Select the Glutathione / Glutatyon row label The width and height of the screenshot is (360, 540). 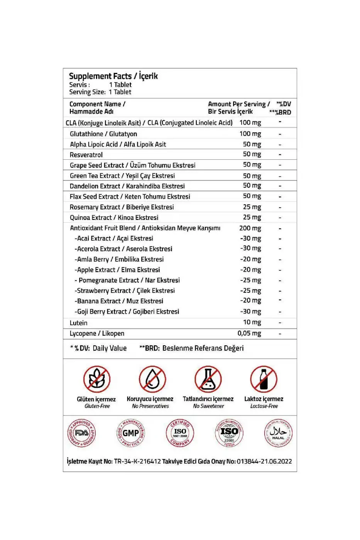click(103, 134)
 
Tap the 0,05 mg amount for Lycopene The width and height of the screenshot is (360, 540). click(249, 333)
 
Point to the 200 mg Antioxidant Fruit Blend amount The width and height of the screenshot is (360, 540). click(250, 228)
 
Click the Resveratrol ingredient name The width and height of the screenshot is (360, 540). click(86, 155)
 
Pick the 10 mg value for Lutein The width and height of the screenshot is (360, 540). click(252, 322)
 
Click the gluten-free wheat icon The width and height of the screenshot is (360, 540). click(96, 379)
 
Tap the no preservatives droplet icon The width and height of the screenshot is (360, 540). click(152, 379)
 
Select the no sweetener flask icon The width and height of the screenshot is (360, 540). click(208, 379)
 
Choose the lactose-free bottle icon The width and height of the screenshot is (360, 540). click(264, 379)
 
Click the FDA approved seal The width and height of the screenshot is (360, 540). click(81, 433)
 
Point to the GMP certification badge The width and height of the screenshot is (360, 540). click(130, 433)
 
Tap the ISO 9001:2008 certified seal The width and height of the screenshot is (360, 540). click(180, 433)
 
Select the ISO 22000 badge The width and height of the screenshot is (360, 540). click(229, 433)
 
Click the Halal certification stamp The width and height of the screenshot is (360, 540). click(278, 433)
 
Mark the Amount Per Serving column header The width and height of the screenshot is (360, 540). click(239, 108)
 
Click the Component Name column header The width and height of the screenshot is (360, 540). click(97, 108)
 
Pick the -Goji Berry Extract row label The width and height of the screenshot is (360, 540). click(127, 311)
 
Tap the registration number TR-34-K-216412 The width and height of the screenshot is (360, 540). click(137, 461)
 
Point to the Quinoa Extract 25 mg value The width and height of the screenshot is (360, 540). click(252, 217)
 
